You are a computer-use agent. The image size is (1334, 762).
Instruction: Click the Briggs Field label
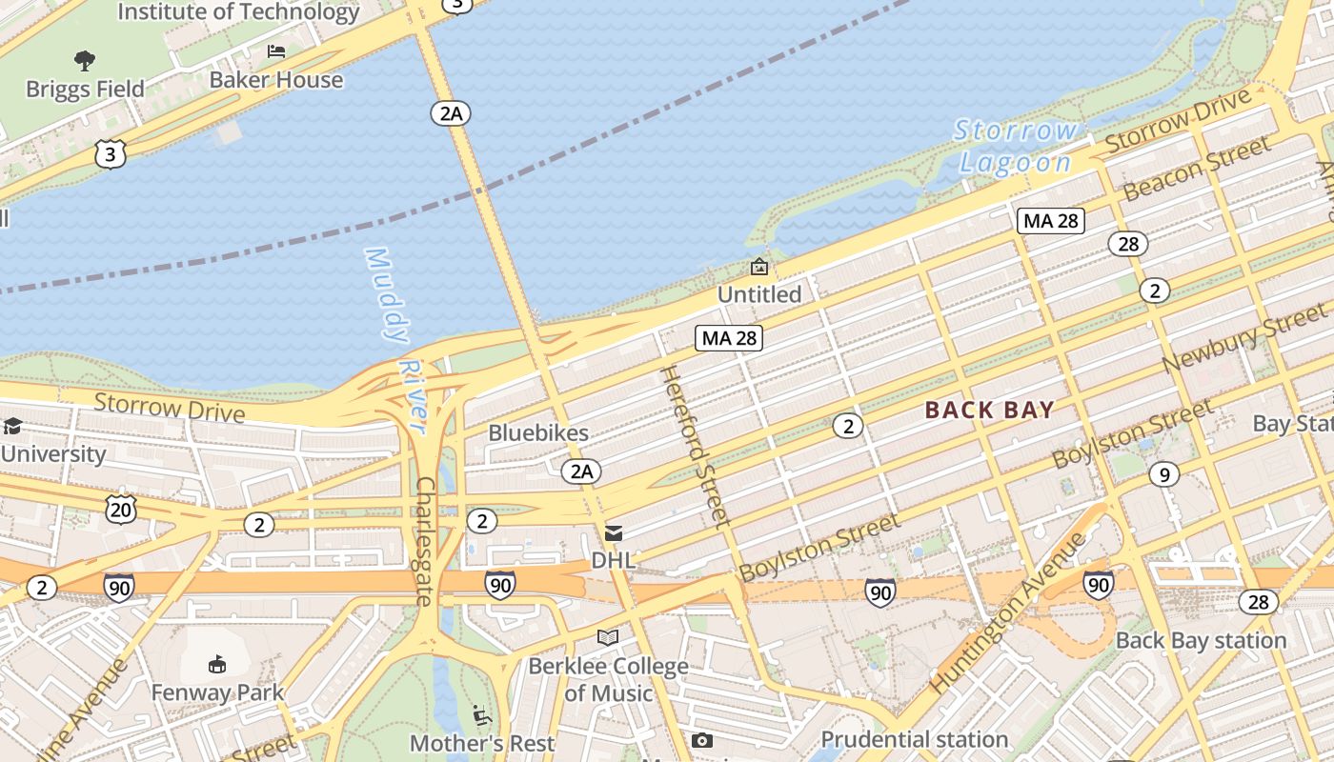tap(85, 89)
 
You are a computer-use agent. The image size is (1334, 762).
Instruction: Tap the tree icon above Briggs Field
tap(85, 61)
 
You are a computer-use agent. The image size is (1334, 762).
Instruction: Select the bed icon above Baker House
tap(276, 51)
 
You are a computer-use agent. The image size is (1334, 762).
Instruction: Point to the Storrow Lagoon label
tap(1016, 146)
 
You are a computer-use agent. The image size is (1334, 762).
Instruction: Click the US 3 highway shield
tap(111, 154)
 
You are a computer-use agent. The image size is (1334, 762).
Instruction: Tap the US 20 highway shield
tap(122, 509)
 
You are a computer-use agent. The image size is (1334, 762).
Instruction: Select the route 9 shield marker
tap(1163, 473)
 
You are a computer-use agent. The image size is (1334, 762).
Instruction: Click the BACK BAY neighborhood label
tap(990, 411)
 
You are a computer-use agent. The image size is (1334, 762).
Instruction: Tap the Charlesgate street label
tap(425, 540)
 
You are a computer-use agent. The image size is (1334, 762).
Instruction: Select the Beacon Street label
tap(1197, 169)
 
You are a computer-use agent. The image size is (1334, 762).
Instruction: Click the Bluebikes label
tap(538, 432)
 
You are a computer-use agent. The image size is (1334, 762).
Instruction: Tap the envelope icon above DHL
tap(614, 533)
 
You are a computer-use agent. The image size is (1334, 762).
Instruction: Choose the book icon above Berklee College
tap(608, 637)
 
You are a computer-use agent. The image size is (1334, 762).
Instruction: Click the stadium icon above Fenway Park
tap(217, 664)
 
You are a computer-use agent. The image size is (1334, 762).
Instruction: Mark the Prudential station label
tap(914, 739)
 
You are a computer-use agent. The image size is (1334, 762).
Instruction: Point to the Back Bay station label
tap(1201, 640)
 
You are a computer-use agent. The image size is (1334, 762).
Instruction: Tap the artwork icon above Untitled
tap(759, 267)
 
